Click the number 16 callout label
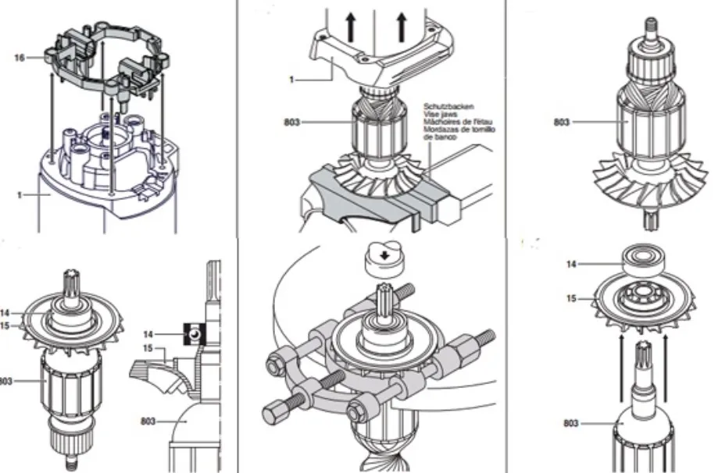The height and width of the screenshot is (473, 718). [x=19, y=57]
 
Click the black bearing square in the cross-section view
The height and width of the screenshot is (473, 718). [x=193, y=334]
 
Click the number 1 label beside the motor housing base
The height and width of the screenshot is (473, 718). [x=20, y=194]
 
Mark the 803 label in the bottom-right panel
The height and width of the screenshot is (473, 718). [x=571, y=422]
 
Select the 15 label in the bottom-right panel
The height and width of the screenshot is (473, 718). [x=573, y=297]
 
